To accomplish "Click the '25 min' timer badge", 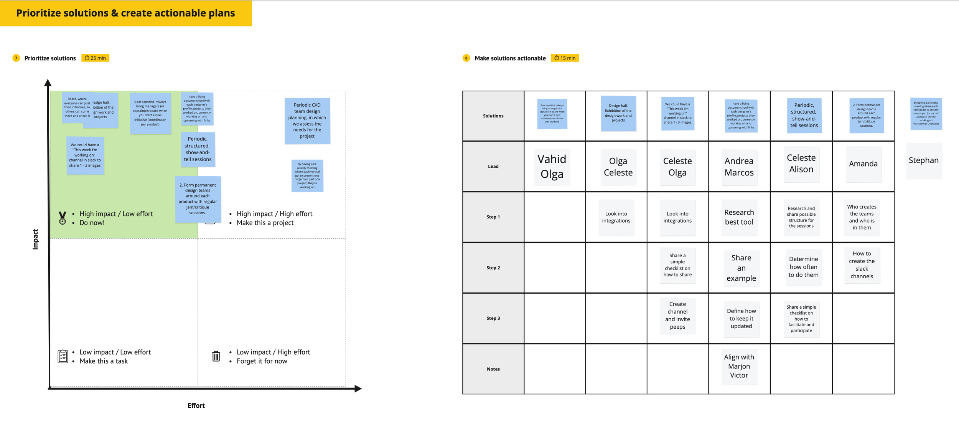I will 95,58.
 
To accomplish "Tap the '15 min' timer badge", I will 565,58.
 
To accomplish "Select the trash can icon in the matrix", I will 216,356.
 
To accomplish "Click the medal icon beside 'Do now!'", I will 62,218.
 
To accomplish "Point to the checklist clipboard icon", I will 63,356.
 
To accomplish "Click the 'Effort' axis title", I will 196,405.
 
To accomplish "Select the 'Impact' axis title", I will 35,239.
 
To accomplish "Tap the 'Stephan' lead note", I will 923,160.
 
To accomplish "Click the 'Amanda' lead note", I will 863,164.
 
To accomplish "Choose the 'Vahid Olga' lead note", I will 552,167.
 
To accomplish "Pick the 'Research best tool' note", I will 739,217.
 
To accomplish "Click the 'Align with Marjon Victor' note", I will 739,366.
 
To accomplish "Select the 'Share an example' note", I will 741,268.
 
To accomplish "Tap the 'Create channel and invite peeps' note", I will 677,315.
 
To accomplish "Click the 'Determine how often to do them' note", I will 803,267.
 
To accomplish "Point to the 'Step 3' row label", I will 493,318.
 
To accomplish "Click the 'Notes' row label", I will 493,369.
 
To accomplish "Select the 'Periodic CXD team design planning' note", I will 307,121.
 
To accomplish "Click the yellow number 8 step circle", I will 466,58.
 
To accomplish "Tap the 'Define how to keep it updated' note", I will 741,318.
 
